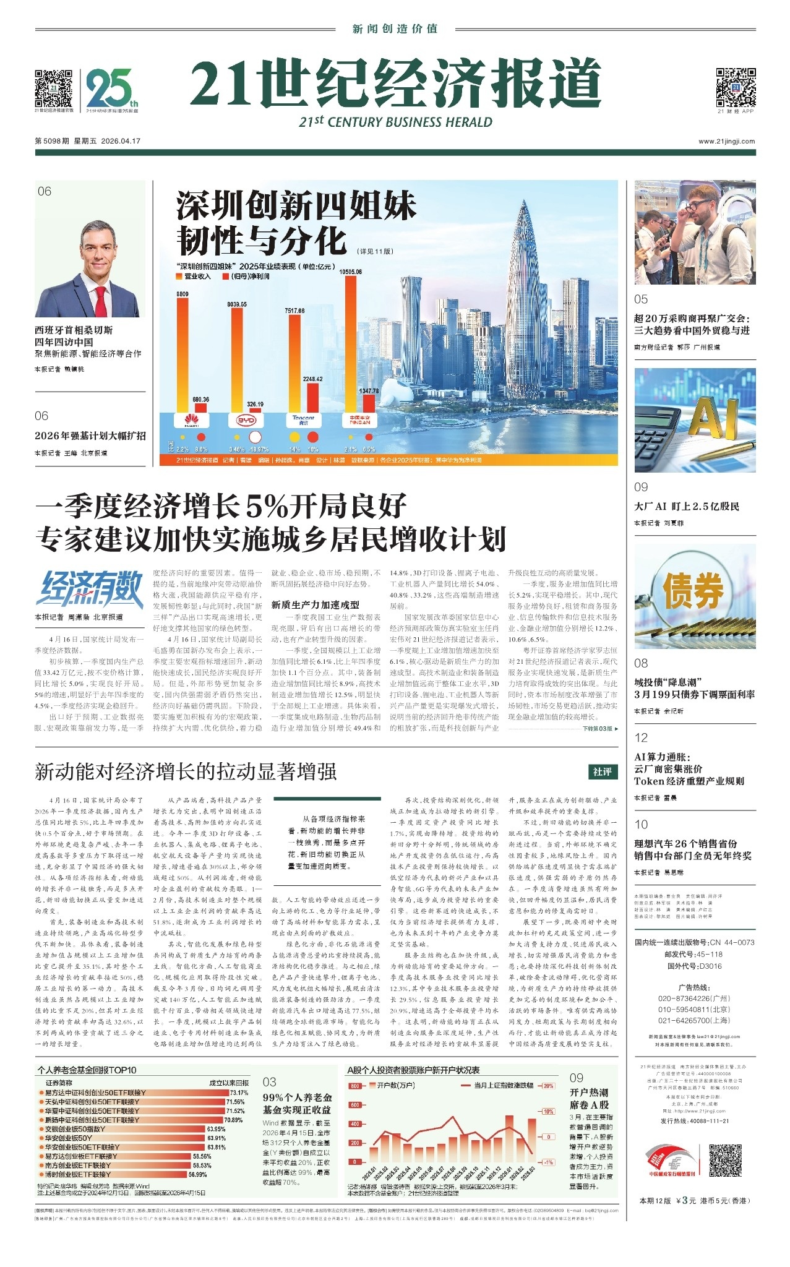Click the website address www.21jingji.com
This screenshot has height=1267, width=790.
pyautogui.click(x=726, y=141)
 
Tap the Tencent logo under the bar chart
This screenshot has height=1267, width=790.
pyautogui.click(x=303, y=420)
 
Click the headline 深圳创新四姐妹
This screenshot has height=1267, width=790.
pyautogui.click(x=296, y=206)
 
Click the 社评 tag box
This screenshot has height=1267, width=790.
pyautogui.click(x=602, y=771)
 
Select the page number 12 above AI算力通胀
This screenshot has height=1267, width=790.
pyautogui.click(x=641, y=737)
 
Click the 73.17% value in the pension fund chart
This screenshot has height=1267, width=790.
pyautogui.click(x=239, y=1093)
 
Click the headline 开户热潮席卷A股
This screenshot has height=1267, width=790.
pyautogui.click(x=589, y=1098)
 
